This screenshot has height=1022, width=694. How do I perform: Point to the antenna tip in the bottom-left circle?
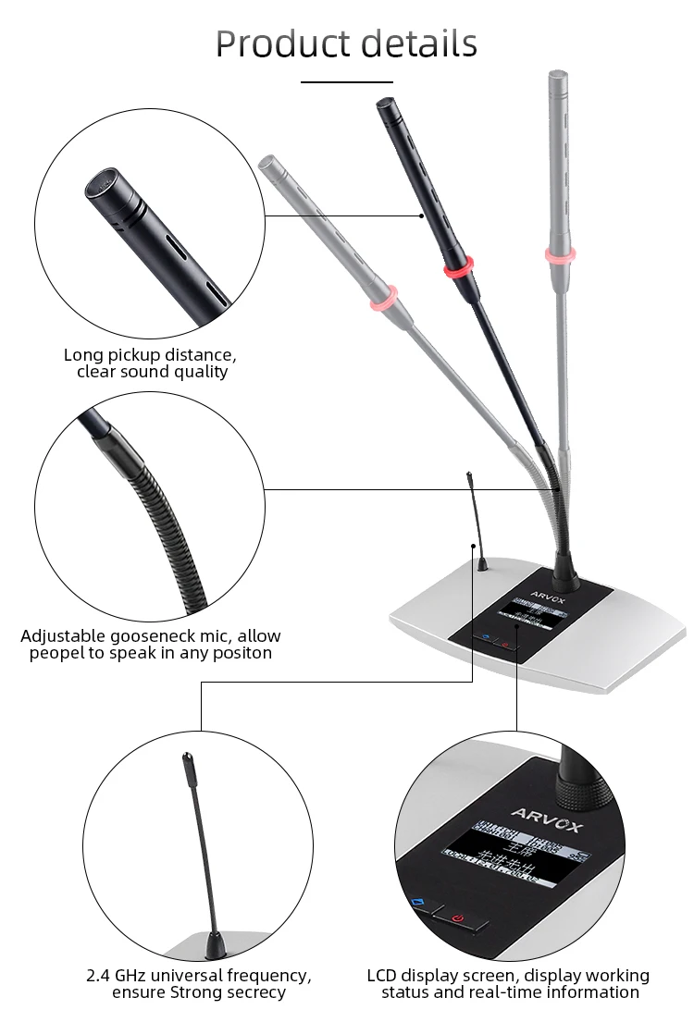(185, 762)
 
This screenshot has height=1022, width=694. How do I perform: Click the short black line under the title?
(347, 82)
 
